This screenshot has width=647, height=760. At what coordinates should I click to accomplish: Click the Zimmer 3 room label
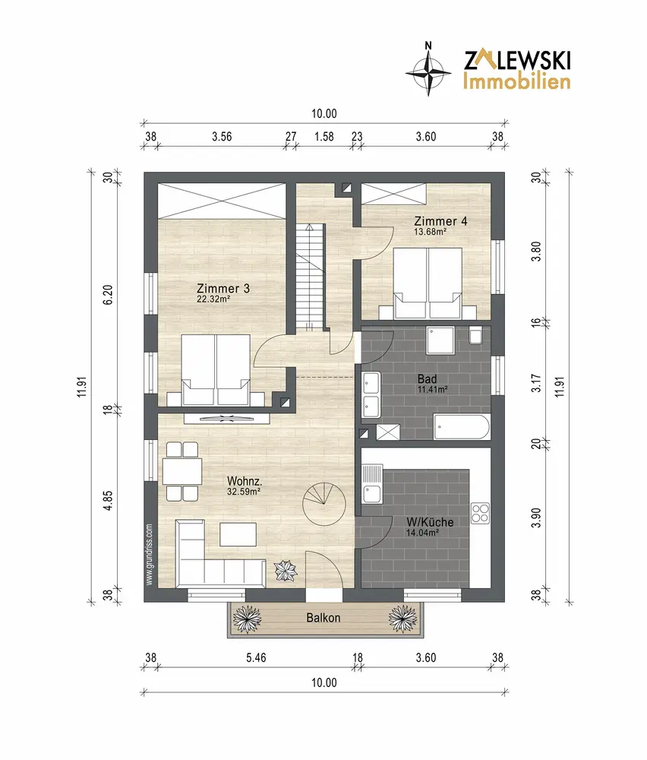(223, 288)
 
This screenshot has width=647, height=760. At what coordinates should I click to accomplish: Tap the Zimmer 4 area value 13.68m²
(430, 232)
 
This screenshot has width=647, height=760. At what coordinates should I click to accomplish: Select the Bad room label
(427, 378)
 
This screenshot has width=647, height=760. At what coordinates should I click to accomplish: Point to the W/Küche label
(430, 522)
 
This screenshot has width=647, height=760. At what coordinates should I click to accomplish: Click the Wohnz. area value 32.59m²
(244, 492)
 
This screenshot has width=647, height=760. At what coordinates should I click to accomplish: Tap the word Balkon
(323, 618)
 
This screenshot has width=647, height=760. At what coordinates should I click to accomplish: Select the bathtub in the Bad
(462, 427)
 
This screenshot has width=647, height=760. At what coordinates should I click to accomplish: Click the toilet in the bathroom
(475, 335)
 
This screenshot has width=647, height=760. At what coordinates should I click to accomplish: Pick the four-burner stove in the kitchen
(481, 514)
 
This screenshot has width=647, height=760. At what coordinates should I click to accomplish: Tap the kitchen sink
(372, 484)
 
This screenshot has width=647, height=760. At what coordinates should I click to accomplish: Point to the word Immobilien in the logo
(516, 81)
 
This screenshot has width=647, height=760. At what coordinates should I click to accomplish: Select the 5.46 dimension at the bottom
(256, 657)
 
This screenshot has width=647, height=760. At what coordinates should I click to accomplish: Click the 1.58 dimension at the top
(324, 137)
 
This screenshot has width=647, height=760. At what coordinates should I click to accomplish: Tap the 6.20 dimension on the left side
(108, 295)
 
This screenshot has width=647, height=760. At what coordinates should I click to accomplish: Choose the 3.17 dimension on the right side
(536, 383)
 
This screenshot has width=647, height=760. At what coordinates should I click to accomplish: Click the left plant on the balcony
(247, 619)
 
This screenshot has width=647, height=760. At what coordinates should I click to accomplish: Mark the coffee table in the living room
(238, 534)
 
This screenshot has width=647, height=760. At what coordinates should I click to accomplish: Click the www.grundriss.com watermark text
(149, 555)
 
